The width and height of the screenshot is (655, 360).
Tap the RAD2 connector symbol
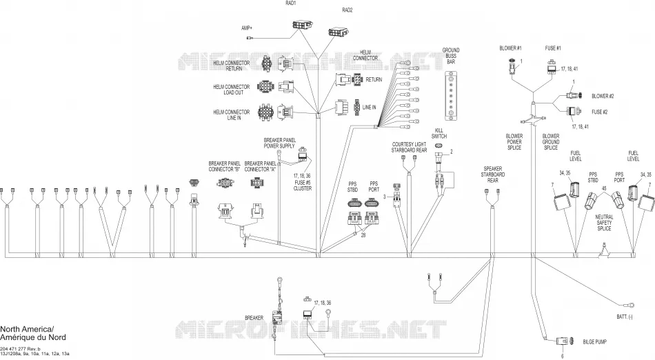point(339,31)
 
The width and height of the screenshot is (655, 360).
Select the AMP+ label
point(247,28)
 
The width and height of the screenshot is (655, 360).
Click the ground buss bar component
point(451,96)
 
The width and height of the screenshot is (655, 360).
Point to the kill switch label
point(439,133)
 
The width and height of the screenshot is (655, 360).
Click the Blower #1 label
point(510,48)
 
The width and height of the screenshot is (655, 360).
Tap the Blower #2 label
point(603,96)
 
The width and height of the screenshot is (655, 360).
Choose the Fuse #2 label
point(599,112)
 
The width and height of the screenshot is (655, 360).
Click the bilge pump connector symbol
point(562,341)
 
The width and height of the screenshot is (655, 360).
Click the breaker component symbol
point(277,317)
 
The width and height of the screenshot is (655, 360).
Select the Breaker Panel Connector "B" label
point(224,166)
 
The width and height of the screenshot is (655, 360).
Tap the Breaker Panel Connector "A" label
point(260,166)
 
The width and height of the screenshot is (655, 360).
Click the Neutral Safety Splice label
point(604,223)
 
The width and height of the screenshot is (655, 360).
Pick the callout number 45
point(604,188)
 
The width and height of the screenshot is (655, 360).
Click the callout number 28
point(363,235)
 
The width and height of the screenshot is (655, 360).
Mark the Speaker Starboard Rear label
point(492,174)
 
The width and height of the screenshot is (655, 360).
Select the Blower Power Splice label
point(514,142)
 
